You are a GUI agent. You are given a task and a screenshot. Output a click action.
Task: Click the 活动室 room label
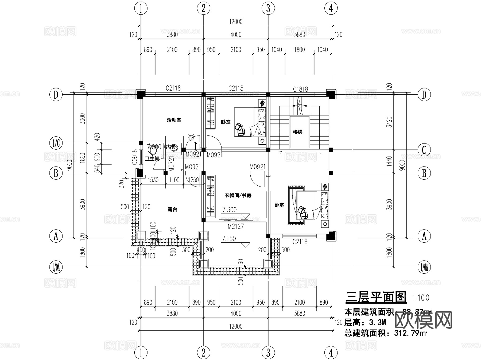(x=174, y=120)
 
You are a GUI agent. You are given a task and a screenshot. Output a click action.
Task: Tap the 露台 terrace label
(x=172, y=210)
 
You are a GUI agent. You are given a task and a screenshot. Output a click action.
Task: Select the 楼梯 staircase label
(x=297, y=132)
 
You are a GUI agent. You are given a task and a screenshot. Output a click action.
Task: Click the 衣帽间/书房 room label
(x=238, y=195)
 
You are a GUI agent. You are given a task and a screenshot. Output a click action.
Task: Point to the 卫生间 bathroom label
(x=152, y=158)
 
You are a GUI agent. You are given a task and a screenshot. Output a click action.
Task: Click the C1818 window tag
(x=300, y=89)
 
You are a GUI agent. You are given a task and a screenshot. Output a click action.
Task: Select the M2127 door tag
(x=236, y=226)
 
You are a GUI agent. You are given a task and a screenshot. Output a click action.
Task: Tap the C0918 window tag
(x=135, y=157)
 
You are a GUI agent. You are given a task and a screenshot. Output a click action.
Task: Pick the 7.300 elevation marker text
(x=230, y=210)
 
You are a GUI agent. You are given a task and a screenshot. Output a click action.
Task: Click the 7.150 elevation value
(x=229, y=239)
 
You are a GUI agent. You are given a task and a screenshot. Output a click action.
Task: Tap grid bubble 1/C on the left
(x=56, y=144)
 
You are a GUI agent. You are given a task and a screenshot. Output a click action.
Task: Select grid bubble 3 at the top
(x=268, y=9)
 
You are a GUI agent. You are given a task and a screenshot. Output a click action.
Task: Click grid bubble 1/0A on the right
(x=424, y=267)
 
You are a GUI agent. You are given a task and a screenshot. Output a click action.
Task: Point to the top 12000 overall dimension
(x=236, y=22)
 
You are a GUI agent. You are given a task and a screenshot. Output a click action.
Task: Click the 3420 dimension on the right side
(x=389, y=122)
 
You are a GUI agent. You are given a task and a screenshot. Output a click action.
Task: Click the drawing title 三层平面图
(x=376, y=297)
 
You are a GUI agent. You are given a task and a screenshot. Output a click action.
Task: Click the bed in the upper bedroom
(x=250, y=122)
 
